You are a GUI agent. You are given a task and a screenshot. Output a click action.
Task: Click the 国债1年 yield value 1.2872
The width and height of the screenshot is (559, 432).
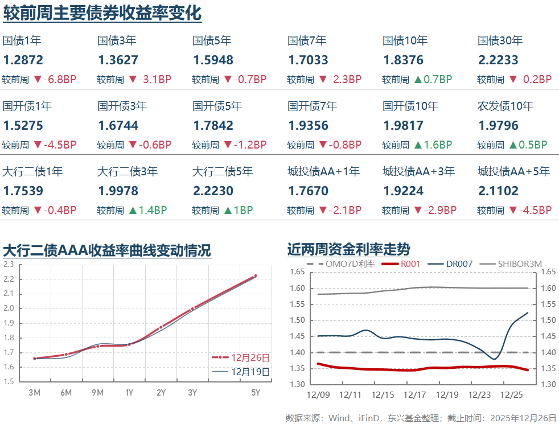[23, 60]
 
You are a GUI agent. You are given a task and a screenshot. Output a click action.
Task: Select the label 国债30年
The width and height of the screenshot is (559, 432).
[500, 41]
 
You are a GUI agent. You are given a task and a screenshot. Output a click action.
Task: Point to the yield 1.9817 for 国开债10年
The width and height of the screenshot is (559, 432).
[403, 126]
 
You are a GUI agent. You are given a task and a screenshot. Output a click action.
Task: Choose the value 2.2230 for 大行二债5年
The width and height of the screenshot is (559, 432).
[213, 191]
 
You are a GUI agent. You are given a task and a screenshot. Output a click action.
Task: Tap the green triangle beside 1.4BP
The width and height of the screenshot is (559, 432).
[132, 211]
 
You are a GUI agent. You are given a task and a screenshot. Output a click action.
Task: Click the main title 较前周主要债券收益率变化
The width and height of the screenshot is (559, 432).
[102, 13]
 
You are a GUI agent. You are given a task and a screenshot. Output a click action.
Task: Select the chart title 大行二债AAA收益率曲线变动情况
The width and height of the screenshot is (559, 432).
[107, 250]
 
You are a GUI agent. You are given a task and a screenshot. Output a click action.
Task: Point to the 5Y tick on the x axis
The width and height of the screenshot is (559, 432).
[256, 393]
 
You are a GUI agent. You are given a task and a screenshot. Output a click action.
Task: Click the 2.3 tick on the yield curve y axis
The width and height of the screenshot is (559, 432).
[9, 265]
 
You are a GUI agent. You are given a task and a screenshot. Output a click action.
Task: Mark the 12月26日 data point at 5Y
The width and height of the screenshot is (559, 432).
[255, 276]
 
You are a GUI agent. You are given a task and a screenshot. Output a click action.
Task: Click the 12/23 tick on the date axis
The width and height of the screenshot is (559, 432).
[479, 395]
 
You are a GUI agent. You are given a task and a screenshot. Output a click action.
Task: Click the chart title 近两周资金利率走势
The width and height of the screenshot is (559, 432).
[348, 249]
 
